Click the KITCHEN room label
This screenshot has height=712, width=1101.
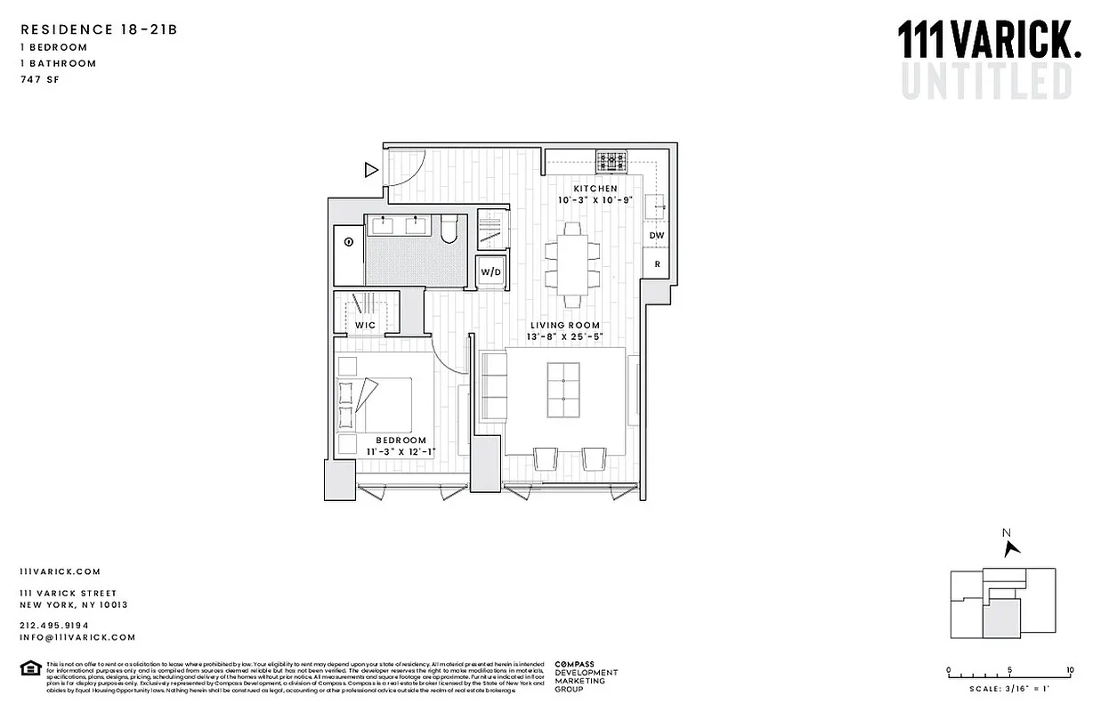[595, 189]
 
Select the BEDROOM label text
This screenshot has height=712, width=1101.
[401, 440]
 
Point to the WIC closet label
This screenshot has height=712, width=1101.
[365, 326]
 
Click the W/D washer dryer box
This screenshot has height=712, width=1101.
[490, 271]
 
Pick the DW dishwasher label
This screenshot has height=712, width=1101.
[657, 236]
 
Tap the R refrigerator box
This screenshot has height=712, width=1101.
[657, 264]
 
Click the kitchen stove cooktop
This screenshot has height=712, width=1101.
[611, 161]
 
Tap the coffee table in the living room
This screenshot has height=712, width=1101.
[563, 389]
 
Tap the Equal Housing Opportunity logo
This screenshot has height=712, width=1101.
[29, 668]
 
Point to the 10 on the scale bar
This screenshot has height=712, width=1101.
[1069, 670]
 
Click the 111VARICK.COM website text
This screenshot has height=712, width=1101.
[60, 571]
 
